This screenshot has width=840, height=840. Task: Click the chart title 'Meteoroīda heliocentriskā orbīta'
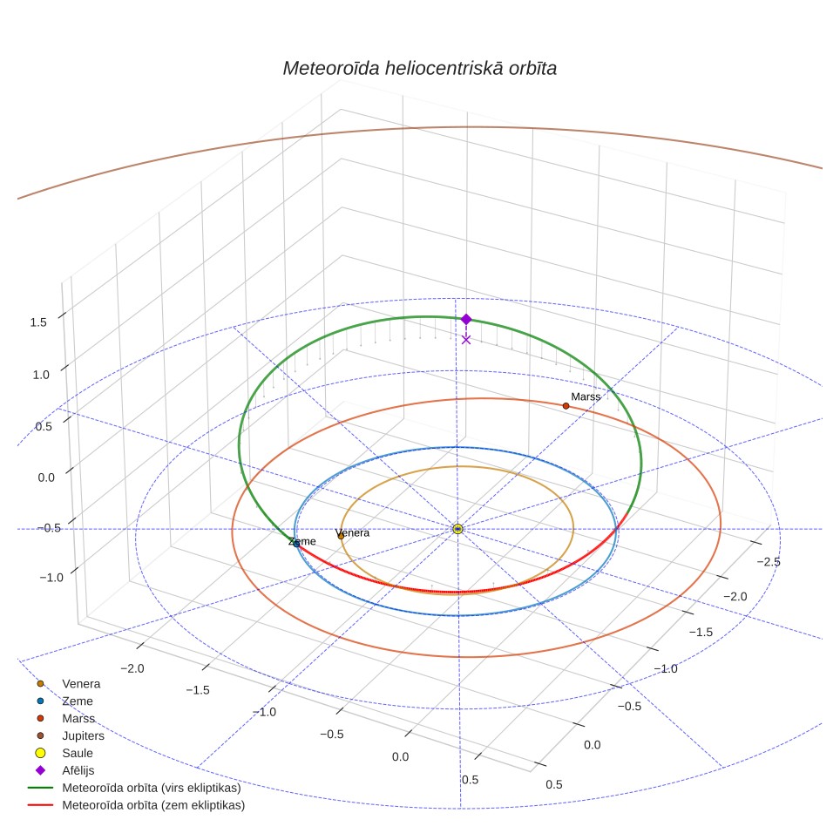click(x=419, y=69)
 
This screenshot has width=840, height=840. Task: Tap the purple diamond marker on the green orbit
click(x=466, y=319)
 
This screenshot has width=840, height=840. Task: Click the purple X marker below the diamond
click(x=466, y=340)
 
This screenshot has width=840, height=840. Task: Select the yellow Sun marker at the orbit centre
click(x=457, y=529)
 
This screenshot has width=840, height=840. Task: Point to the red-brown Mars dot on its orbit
click(x=566, y=406)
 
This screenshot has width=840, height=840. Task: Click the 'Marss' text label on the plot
click(x=586, y=397)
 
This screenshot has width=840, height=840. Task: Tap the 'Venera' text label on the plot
click(x=352, y=533)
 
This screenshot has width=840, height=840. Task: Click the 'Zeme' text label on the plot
click(x=302, y=542)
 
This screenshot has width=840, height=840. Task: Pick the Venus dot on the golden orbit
click(x=341, y=536)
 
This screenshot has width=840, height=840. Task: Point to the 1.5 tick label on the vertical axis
click(x=38, y=322)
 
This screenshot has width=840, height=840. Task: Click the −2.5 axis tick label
click(x=769, y=562)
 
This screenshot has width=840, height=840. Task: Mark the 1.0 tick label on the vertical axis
click(x=41, y=375)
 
